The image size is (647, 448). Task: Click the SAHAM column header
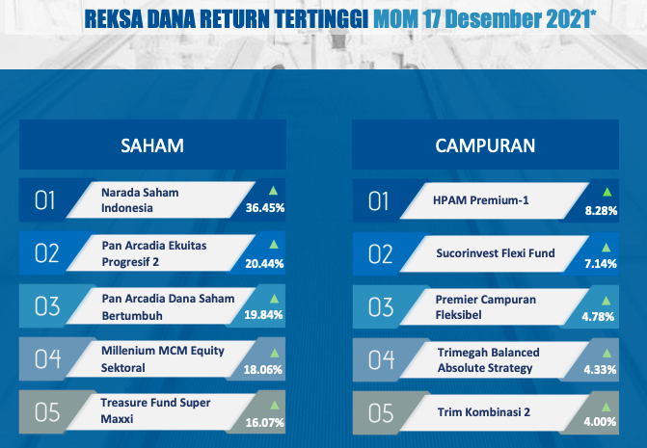point(152,145)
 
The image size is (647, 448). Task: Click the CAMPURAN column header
point(485,145)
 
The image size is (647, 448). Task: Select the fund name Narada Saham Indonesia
point(140,200)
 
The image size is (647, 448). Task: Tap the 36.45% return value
point(265,208)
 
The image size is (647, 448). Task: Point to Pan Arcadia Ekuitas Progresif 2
point(154,253)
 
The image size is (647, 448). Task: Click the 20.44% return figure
point(264,263)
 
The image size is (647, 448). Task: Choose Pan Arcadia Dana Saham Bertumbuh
point(168,307)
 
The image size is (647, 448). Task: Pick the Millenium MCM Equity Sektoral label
point(163,359)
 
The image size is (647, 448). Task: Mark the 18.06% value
point(263,370)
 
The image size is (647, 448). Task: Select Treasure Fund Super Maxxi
point(155,410)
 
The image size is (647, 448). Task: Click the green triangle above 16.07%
point(275,406)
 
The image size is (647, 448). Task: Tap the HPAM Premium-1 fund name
point(481,200)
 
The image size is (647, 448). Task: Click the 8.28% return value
point(601,211)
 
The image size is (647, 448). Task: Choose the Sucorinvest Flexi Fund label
point(496,253)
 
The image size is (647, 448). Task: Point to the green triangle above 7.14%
point(607,248)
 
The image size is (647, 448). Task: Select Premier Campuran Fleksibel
point(486,307)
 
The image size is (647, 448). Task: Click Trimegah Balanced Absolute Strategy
point(489,360)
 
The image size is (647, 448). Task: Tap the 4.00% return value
point(600,422)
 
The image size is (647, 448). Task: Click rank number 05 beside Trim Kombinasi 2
point(381,413)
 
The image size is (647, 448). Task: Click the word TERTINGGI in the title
point(321,19)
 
